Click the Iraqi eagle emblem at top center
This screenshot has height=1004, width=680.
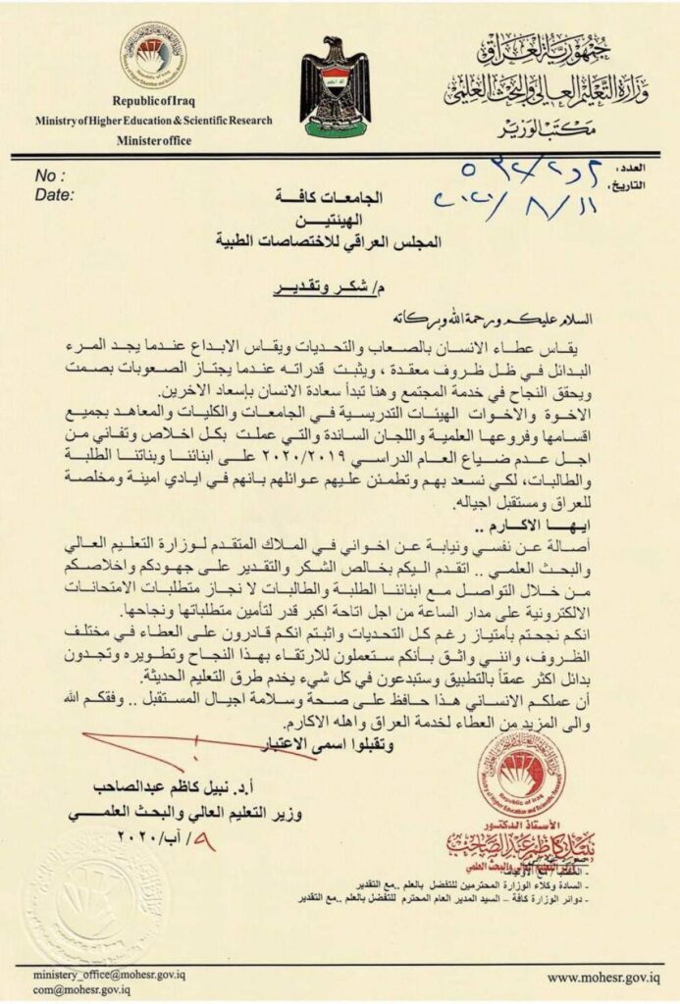[335, 86]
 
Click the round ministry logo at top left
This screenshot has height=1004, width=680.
[152, 56]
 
